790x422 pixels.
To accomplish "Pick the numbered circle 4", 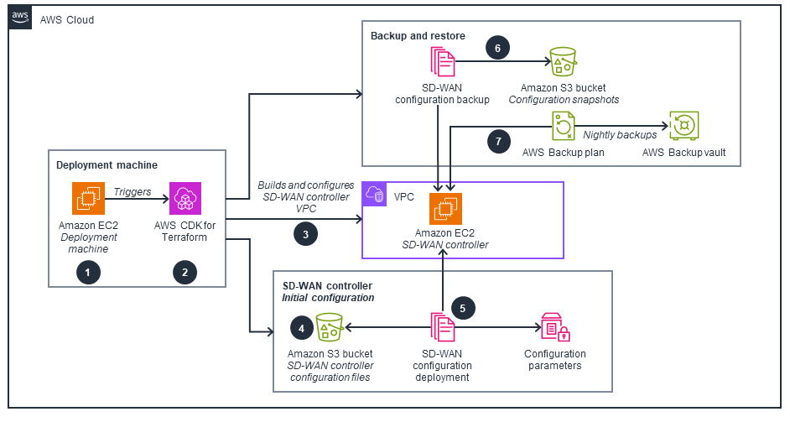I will tap(301, 326).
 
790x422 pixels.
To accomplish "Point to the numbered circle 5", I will tap(462, 308).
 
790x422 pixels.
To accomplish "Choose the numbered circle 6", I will tap(497, 49).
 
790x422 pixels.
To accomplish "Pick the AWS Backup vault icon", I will tap(683, 127).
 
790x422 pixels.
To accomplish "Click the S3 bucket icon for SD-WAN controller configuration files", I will tap(330, 329).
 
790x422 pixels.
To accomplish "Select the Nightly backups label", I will tap(620, 134).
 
